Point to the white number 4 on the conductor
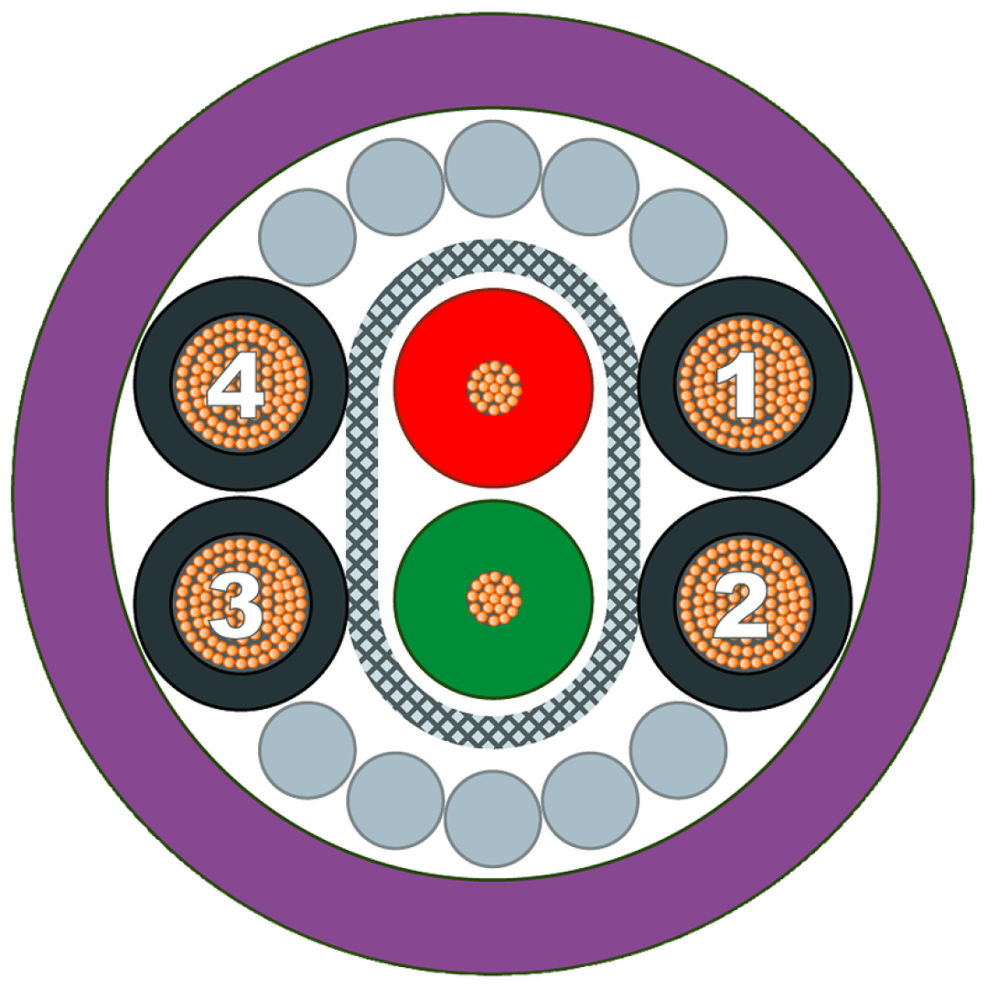click(x=234, y=385)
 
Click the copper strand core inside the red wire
click(x=494, y=388)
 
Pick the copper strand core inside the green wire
click(x=494, y=598)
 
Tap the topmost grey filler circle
click(x=493, y=169)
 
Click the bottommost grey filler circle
click(x=493, y=819)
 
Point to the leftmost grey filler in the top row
click(x=307, y=237)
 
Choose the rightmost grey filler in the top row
click(x=679, y=237)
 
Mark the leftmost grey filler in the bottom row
click(x=307, y=750)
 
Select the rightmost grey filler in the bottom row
click(x=679, y=750)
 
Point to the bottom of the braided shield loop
click(x=494, y=731)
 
